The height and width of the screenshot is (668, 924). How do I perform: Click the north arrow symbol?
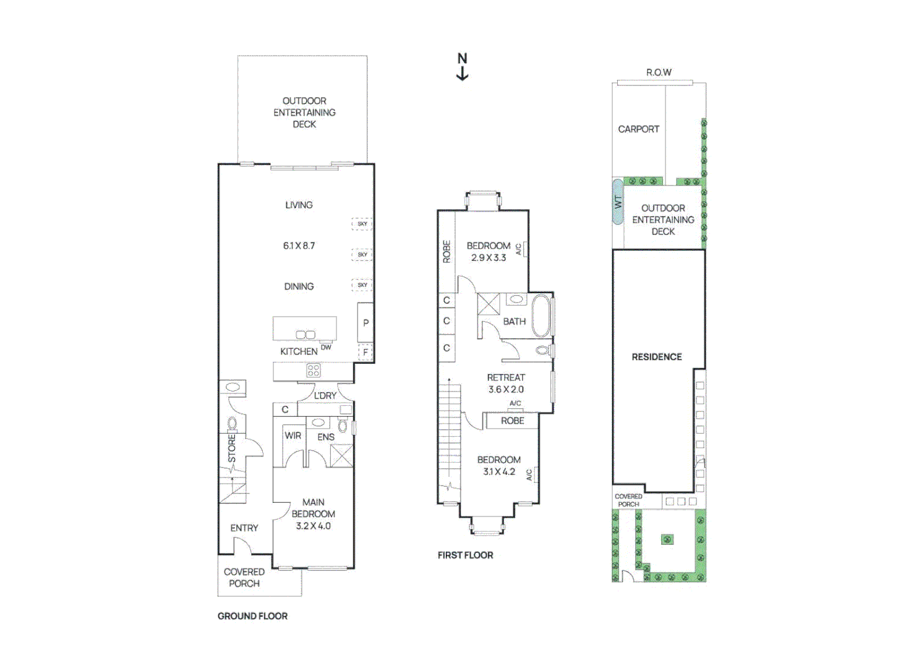point(462,67)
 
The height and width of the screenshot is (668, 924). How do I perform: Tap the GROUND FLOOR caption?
point(252,616)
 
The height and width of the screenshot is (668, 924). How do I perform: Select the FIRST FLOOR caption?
point(465,555)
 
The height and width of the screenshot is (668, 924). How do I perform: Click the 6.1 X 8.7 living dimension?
point(299,246)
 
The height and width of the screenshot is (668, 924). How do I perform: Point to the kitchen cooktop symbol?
point(314,370)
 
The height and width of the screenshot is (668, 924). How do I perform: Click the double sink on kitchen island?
point(306,335)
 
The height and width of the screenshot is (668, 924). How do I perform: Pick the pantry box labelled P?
point(366,322)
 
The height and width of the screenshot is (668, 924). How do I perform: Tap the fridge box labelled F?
point(366,352)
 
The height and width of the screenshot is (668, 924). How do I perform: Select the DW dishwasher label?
point(326,347)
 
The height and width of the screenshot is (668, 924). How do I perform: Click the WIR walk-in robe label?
point(293,435)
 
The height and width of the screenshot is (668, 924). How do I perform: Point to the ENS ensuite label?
point(326,437)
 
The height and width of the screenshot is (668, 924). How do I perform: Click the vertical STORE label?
point(232,448)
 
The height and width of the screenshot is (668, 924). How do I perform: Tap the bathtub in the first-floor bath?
point(541,315)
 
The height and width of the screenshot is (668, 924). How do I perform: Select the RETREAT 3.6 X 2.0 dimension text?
point(505,389)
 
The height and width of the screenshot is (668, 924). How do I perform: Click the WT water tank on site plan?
point(617,202)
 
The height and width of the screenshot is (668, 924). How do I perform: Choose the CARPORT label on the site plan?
point(638,129)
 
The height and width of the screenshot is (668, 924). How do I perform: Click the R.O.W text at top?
point(659,72)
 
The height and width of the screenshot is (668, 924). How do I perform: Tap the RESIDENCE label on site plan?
point(656,357)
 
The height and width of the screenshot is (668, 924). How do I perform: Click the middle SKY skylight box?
point(362,254)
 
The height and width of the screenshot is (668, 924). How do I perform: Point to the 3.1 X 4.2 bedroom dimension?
point(498,471)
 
